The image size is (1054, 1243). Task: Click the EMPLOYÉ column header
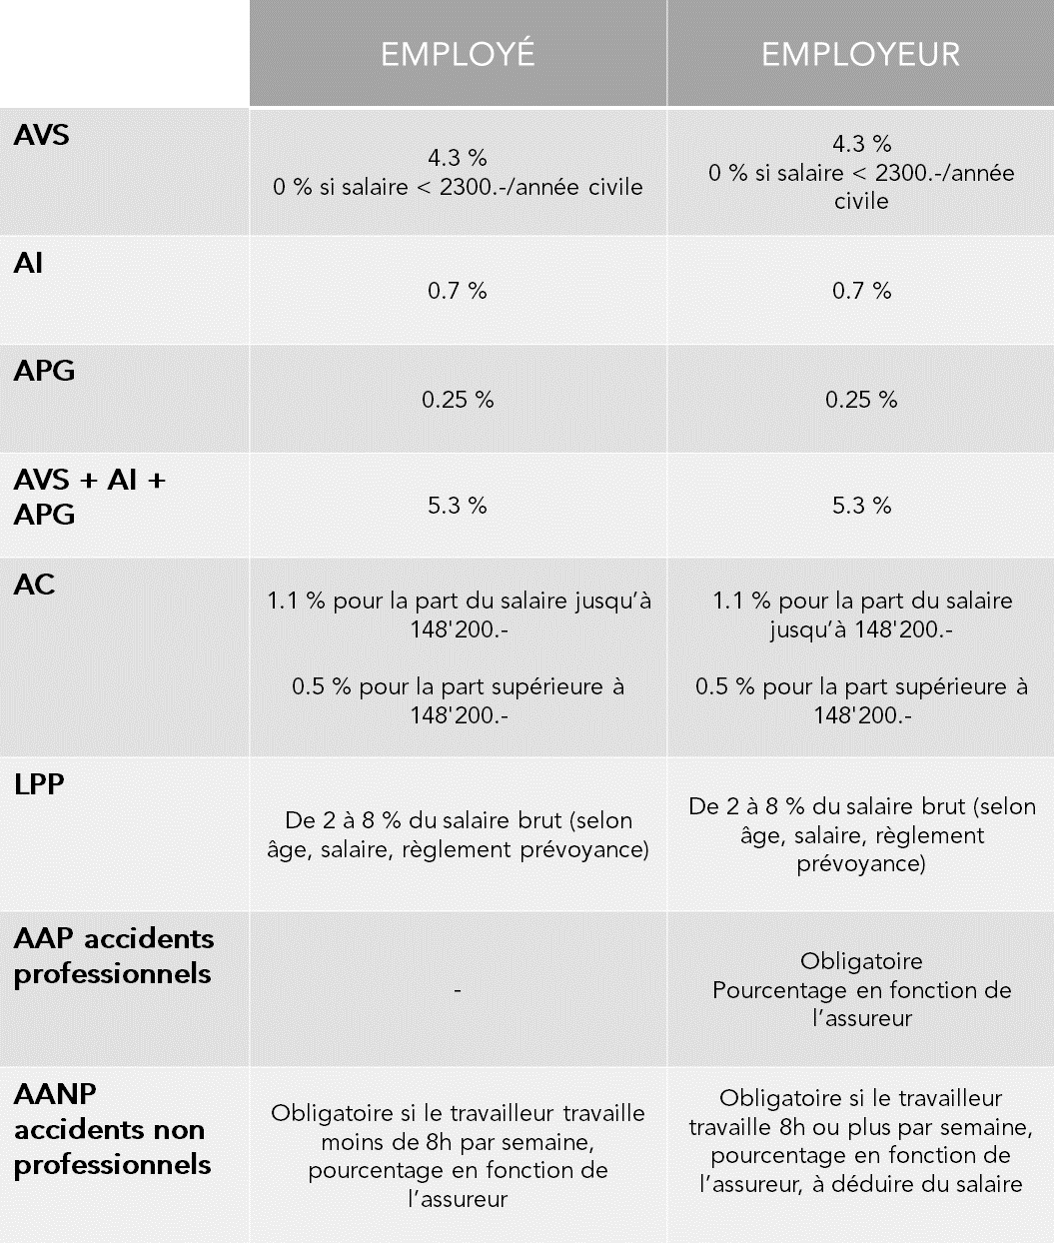[458, 54]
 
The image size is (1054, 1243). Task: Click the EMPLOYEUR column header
[860, 54]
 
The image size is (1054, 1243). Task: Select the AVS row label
[42, 135]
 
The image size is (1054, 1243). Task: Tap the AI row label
[29, 264]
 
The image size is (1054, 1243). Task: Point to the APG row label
[44, 372]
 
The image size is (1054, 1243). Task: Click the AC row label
[35, 585]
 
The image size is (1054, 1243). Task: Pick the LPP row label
[39, 784]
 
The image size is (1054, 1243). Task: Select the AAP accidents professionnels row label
[114, 956]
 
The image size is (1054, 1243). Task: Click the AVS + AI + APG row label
[89, 497]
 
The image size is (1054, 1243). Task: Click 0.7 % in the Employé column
[458, 291]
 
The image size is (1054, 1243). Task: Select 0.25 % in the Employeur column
[861, 400]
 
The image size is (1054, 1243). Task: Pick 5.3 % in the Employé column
[458, 506]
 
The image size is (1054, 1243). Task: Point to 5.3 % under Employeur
[861, 506]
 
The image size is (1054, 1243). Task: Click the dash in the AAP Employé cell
[458, 990]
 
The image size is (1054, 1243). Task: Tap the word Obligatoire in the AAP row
[861, 961]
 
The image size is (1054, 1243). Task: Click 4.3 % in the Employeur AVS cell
[861, 144]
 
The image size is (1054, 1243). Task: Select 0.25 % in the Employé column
[458, 400]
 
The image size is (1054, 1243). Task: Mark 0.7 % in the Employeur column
[861, 291]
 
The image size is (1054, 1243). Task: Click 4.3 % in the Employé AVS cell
[458, 158]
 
